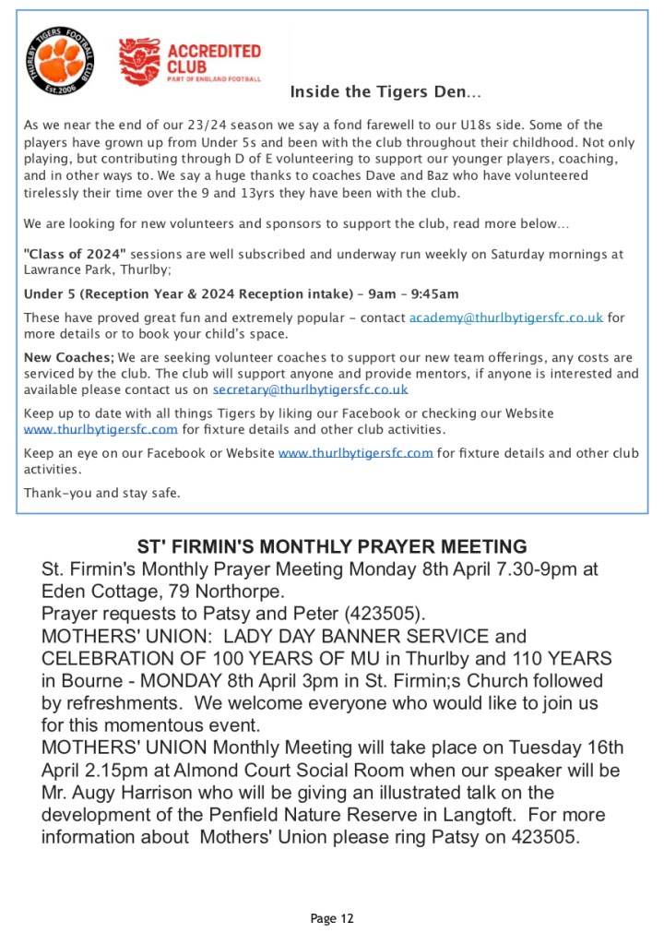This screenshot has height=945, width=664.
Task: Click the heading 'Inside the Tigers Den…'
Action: coord(385,92)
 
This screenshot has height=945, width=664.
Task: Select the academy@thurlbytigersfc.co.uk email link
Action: coord(506,317)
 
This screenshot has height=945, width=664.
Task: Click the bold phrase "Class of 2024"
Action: coord(75,254)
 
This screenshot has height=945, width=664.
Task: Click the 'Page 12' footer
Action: coord(332,918)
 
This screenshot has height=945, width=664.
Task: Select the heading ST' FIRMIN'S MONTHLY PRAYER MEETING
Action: coord(332,546)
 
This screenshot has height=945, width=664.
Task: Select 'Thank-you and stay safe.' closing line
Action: coord(101,493)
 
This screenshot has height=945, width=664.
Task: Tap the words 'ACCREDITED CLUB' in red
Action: coord(214,59)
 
